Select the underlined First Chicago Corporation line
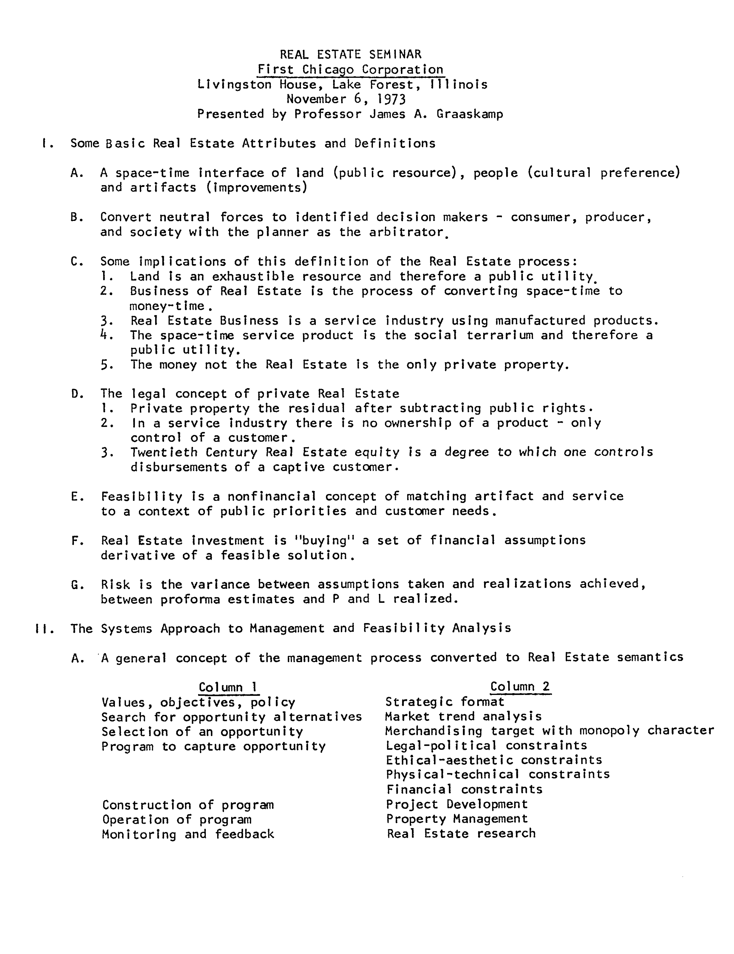click(x=350, y=69)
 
